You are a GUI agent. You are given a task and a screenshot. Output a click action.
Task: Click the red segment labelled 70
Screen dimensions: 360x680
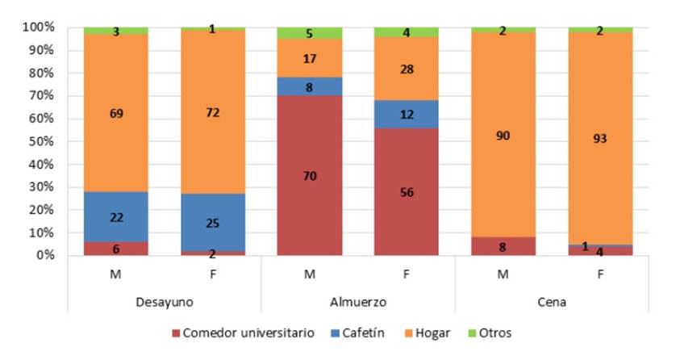pyautogui.click(x=309, y=175)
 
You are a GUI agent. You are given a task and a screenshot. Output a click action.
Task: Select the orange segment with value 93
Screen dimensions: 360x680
pyautogui.click(x=600, y=138)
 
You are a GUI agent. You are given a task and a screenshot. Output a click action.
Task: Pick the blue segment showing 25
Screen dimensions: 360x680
pyautogui.click(x=212, y=222)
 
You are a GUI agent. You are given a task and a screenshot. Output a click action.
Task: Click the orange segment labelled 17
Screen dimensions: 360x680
pyautogui.click(x=309, y=58)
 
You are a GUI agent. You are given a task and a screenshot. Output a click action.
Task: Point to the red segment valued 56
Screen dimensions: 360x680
pyautogui.click(x=406, y=192)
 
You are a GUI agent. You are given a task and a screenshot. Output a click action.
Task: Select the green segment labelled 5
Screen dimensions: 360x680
pyautogui.click(x=309, y=33)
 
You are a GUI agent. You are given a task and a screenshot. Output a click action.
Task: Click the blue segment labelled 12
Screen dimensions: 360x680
pyautogui.click(x=406, y=115)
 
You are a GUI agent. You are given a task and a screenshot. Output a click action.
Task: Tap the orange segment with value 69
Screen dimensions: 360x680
pyautogui.click(x=115, y=114)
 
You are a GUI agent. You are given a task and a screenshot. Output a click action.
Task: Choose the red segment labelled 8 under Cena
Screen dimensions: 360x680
pyautogui.click(x=503, y=246)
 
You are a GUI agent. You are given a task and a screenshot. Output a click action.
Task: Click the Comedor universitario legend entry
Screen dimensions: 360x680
pyautogui.click(x=242, y=333)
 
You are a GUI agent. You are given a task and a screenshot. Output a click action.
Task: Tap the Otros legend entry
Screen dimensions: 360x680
pyautogui.click(x=493, y=333)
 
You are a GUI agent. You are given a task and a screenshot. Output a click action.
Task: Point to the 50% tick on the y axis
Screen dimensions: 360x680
pyautogui.click(x=39, y=141)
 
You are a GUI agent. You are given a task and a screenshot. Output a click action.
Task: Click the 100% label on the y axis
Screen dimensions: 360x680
pyautogui.click(x=36, y=27)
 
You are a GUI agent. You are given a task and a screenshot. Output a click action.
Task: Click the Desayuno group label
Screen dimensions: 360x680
pyautogui.click(x=164, y=302)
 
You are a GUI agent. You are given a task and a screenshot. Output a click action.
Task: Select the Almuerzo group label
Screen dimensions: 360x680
pyautogui.click(x=357, y=302)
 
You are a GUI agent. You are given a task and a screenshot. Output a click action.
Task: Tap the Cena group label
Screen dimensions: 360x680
pyautogui.click(x=552, y=302)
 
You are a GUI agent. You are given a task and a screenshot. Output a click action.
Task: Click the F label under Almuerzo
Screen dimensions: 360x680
pyautogui.click(x=406, y=275)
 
